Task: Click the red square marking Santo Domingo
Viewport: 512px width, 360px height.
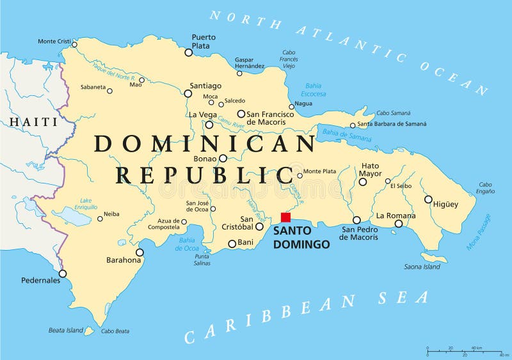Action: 285,217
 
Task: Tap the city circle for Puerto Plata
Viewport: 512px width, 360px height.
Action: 188,52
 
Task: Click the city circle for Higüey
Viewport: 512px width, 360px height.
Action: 428,199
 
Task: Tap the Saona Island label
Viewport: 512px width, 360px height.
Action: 422,267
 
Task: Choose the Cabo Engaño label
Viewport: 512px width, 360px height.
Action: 486,187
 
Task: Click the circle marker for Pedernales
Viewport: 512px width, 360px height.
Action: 63,274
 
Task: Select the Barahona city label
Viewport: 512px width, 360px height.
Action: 124,260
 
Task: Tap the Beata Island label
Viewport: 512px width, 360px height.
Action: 66,331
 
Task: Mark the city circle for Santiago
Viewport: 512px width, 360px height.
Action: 188,93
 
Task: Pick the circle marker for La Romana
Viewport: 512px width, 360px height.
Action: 398,223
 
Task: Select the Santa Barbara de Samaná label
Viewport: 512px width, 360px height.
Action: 392,124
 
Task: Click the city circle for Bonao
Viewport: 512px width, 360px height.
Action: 223,158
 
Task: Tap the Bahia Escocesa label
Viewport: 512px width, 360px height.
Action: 314,90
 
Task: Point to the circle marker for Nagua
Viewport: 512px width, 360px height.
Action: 291,107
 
